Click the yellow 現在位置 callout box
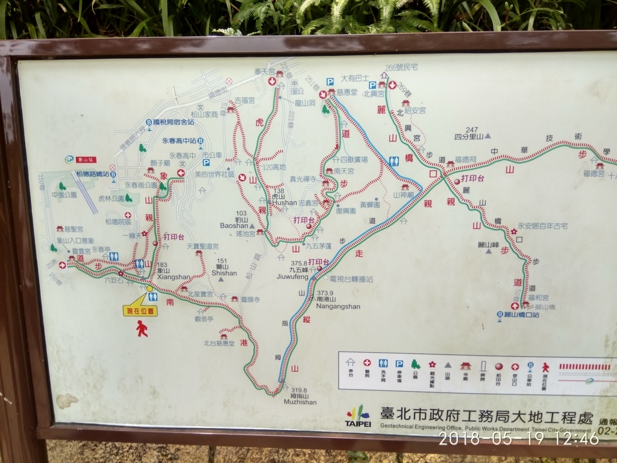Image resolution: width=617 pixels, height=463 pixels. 140,311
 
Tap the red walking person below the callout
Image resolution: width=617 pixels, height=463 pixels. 142,329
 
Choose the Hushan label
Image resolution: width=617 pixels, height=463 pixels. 284,203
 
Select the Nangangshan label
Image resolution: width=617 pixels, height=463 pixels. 337,306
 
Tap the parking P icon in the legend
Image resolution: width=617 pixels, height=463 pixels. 399,364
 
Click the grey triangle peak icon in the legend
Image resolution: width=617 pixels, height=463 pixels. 448,365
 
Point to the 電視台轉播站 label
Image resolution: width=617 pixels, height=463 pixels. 351,279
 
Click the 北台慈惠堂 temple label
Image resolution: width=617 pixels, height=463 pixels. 219,343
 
